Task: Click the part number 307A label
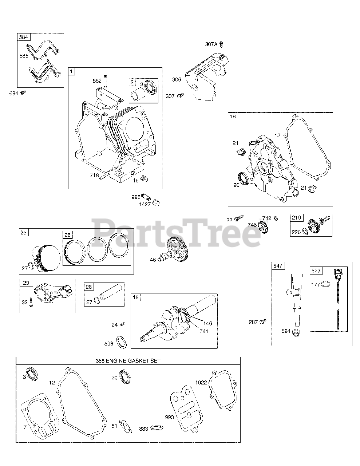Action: (x=211, y=44)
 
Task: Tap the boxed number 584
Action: (x=24, y=37)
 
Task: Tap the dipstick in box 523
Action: (x=337, y=299)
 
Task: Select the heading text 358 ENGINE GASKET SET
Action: (x=128, y=361)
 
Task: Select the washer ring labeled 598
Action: (x=121, y=342)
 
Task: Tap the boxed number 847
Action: (x=278, y=266)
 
